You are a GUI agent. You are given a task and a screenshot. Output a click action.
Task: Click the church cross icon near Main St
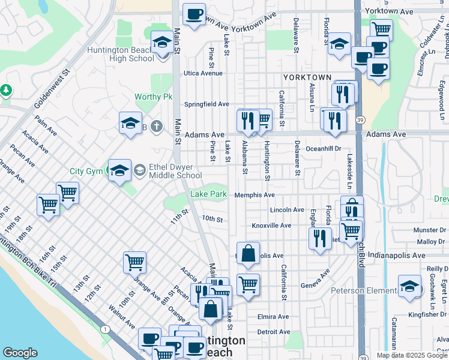tap(156, 126)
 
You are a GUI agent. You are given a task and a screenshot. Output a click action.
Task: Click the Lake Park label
tap(208, 194)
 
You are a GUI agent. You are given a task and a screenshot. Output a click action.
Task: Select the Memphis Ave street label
tap(254, 195)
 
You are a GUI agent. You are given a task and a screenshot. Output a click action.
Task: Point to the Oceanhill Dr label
tap(323, 148)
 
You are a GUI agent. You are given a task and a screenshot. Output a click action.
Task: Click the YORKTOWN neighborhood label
tap(307, 78)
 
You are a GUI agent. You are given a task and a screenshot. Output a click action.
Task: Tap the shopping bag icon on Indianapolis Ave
tap(248, 254)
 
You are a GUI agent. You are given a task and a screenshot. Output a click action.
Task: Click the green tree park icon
tap(6, 90)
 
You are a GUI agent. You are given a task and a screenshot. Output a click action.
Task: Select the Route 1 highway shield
tap(106, 329)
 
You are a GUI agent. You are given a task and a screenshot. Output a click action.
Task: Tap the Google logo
tap(20, 353)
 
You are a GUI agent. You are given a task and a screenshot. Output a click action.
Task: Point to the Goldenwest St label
tap(52, 88)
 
